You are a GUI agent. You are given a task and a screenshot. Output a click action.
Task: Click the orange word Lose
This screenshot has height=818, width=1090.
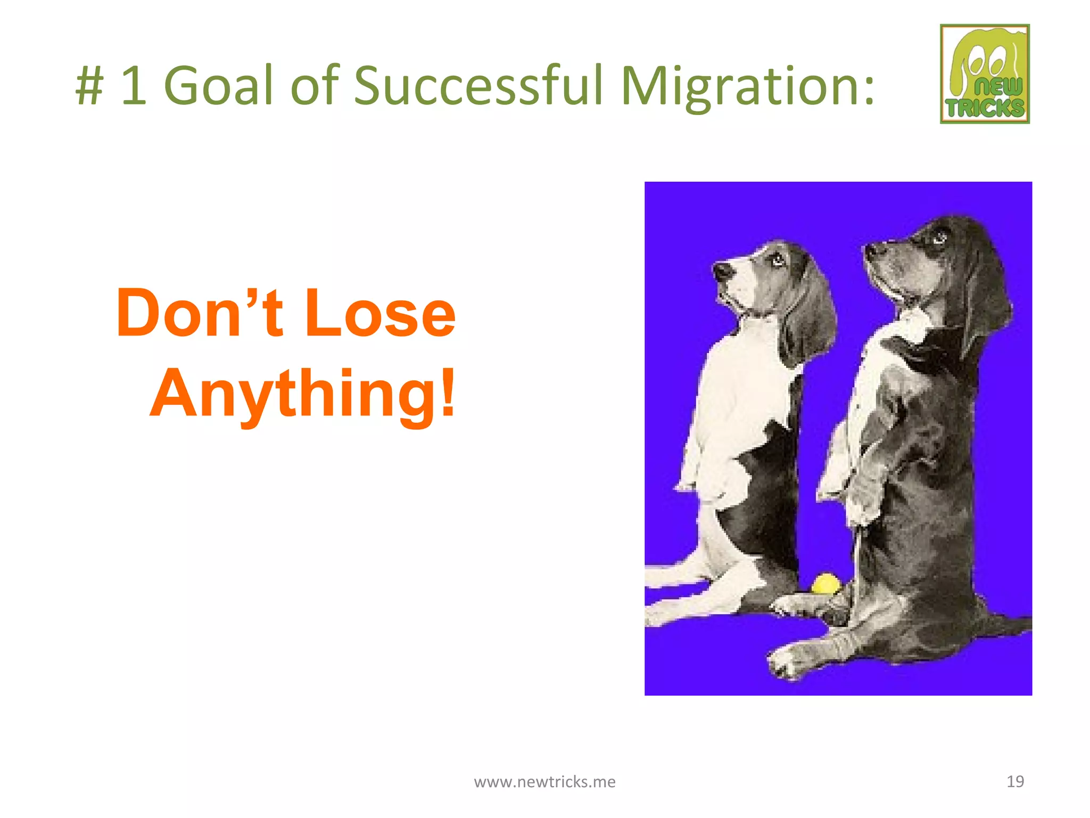point(380,314)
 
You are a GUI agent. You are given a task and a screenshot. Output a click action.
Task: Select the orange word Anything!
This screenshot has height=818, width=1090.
point(303,394)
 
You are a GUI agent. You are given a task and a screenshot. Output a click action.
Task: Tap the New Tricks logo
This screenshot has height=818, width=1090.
point(985,73)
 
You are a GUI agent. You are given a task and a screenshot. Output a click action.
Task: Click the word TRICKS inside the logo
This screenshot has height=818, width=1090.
point(985,108)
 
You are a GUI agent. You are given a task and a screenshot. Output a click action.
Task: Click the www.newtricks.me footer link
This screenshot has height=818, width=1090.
point(544,781)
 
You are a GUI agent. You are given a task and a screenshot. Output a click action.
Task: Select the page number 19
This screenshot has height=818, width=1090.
point(1015,781)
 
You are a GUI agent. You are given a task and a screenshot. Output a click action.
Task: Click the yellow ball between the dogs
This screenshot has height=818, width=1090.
point(824,584)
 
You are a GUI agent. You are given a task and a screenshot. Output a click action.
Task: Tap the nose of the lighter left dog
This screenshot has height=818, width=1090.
point(722,271)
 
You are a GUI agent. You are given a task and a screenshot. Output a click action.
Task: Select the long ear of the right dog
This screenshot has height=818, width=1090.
point(987,298)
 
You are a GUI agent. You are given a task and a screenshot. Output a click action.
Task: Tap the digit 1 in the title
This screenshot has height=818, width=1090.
point(133,85)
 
